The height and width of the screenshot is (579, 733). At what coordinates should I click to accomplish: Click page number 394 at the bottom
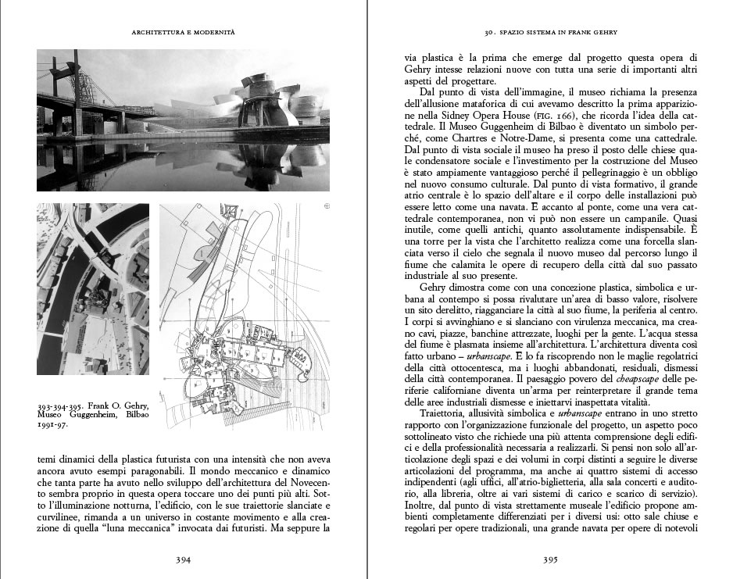[184, 559]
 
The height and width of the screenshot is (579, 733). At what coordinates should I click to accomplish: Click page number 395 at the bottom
[549, 559]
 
